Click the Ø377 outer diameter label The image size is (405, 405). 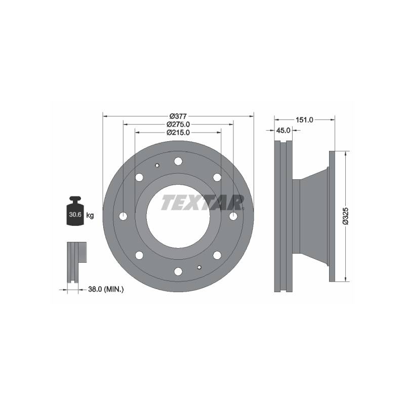click(178, 115)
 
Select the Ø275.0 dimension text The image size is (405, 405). click(178, 124)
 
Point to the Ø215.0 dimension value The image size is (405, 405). click(178, 133)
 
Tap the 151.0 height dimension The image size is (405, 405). click(304, 119)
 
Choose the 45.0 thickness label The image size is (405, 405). click(283, 130)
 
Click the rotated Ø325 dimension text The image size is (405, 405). click(345, 215)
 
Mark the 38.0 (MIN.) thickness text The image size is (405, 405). click(106, 289)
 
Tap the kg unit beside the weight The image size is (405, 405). click(90, 216)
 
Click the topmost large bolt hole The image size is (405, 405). click(178, 161)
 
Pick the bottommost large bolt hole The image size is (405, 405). click(178, 271)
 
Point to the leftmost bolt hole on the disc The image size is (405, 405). click(124, 216)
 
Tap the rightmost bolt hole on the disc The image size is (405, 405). click(233, 216)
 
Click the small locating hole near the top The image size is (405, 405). click(157, 165)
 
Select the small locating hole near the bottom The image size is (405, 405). click(199, 268)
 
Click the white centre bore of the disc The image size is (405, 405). click(178, 223)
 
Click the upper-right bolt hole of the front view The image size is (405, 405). click(217, 177)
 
